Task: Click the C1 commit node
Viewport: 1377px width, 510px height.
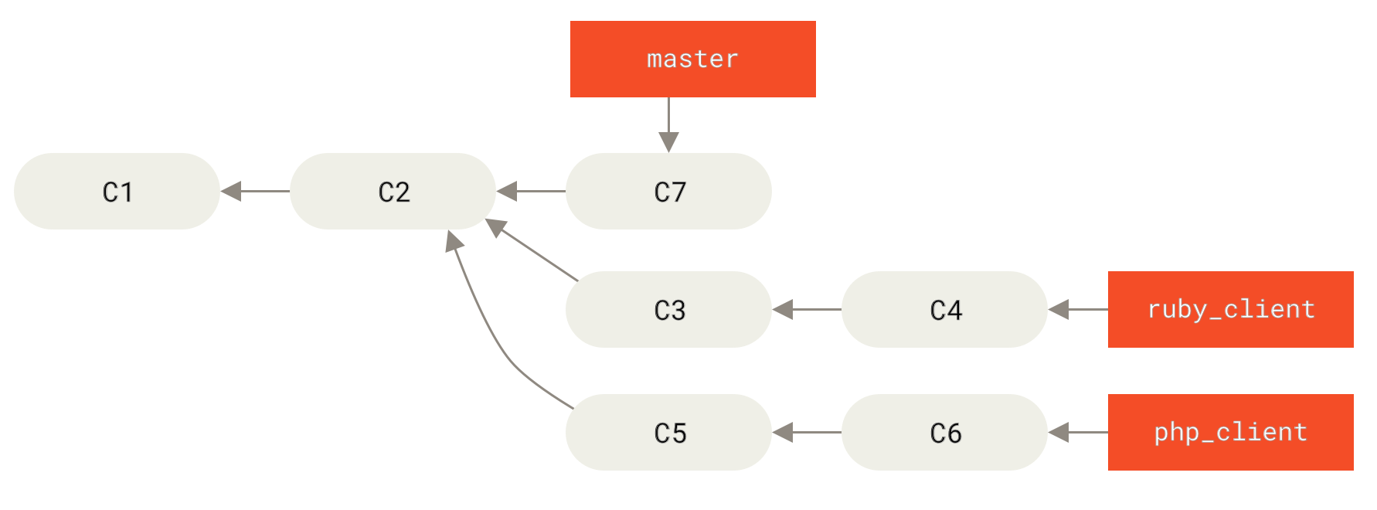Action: [117, 191]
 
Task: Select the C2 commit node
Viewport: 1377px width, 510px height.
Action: [393, 191]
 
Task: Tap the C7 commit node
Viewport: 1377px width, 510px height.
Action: [668, 191]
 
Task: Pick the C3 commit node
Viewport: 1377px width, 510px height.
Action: [668, 309]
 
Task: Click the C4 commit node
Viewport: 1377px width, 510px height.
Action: [944, 309]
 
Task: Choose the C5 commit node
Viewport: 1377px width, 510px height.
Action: [668, 432]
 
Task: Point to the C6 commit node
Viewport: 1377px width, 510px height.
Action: [944, 432]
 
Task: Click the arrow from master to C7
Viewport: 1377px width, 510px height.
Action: [668, 124]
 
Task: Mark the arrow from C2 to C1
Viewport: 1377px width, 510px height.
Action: [255, 191]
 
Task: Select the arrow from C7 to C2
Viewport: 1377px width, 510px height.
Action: [531, 191]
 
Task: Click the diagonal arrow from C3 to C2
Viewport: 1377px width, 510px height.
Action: [533, 250]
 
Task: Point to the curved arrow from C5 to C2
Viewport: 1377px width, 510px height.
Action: [495, 340]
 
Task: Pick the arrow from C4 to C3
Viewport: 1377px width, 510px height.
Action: [807, 309]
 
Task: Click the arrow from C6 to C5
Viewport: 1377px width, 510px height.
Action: [807, 432]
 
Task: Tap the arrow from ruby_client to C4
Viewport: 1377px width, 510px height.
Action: [1078, 309]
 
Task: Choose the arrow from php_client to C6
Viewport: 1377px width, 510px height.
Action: [1078, 432]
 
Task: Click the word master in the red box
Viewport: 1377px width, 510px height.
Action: [692, 59]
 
